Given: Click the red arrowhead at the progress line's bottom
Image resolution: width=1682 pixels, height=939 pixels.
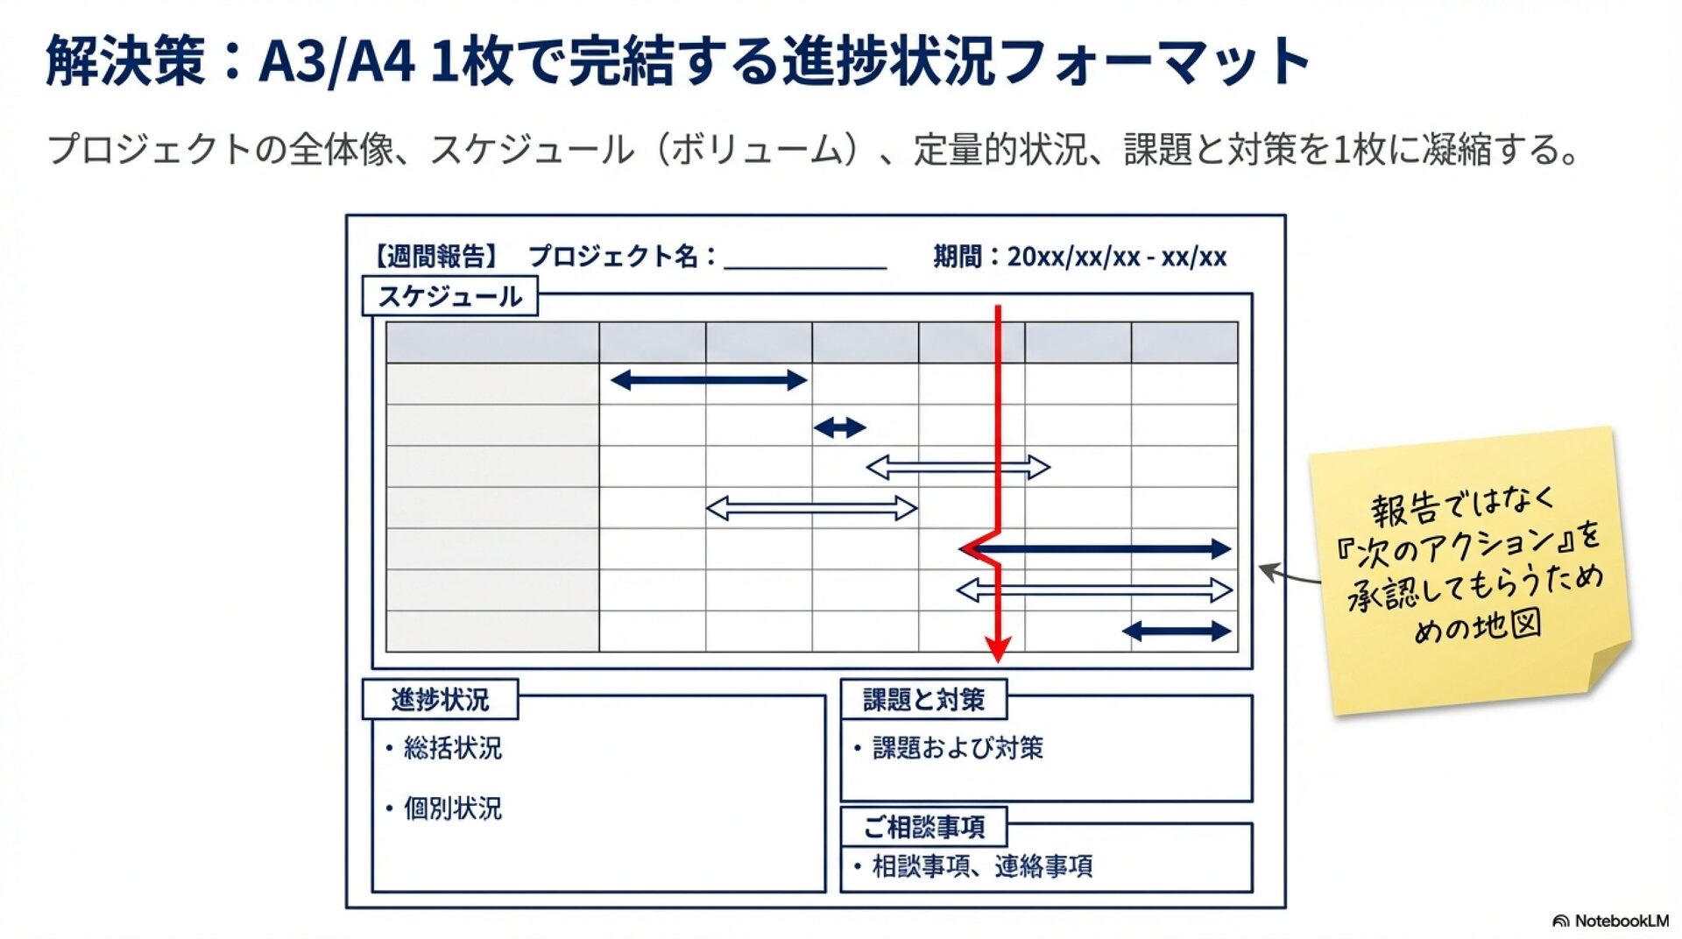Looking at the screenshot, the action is pos(997,649).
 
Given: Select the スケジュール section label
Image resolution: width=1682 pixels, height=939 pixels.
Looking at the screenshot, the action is pos(449,296).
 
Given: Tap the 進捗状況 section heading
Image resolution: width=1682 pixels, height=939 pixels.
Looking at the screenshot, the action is pos(440,700).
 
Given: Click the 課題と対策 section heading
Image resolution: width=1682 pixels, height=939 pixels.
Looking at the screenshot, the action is pos(923,700).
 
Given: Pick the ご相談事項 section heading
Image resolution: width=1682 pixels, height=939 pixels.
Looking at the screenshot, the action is pos(923,826).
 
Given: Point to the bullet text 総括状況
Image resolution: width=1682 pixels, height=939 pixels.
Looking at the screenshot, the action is pos(452,748).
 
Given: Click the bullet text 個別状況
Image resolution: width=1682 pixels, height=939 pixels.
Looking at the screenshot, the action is pos(452,808).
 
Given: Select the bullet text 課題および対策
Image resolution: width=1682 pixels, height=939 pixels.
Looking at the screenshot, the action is pos(958,748).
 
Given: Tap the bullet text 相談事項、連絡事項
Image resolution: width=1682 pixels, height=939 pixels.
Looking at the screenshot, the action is pos(982,866).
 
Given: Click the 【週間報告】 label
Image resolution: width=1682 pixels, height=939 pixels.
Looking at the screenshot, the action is pos(435,257).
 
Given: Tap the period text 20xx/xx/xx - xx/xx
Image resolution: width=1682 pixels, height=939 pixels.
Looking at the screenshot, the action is pos(1116,257).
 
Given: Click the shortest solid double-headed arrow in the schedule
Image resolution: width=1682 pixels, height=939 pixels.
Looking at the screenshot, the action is pos(839,427).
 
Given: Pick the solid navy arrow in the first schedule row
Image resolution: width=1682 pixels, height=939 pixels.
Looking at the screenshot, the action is pos(708,380).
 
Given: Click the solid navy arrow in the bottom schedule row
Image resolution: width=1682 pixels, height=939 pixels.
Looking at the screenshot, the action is pos(1177,631).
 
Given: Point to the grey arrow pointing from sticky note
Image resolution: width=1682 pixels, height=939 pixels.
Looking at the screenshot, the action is pos(1288,575).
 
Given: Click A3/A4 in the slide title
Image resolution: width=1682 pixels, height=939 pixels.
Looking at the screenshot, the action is pos(336,61).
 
